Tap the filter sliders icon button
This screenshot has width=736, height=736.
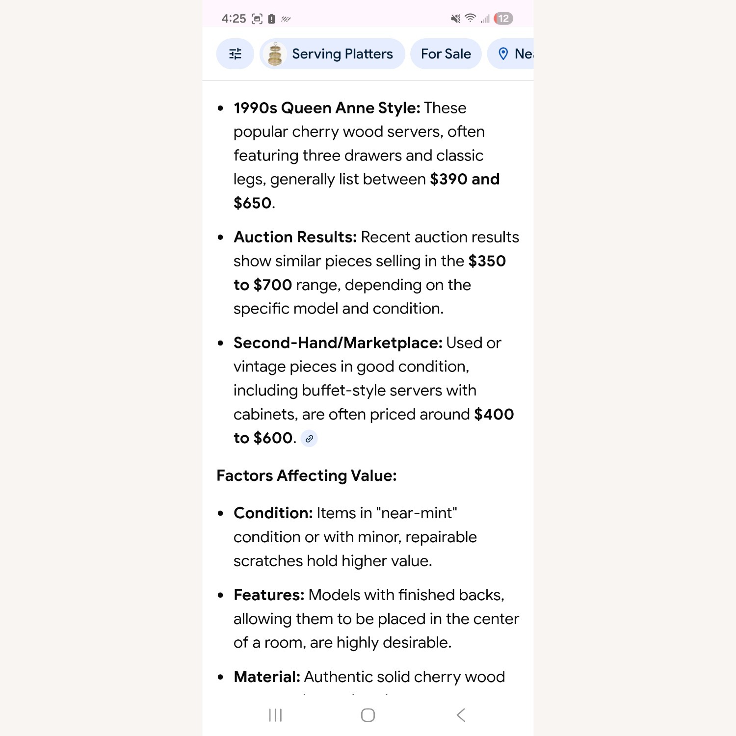click(235, 54)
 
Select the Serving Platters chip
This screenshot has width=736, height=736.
click(332, 54)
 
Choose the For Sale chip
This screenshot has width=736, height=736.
click(446, 54)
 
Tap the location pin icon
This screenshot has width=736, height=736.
click(503, 54)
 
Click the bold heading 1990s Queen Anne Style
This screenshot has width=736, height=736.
click(327, 108)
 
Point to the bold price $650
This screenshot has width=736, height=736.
click(253, 203)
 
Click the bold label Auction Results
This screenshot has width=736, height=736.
click(295, 237)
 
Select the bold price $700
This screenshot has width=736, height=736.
click(273, 285)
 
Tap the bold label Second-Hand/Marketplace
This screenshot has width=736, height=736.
click(338, 343)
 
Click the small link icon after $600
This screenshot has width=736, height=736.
click(309, 439)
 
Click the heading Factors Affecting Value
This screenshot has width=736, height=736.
click(307, 475)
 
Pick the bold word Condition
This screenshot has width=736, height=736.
click(273, 513)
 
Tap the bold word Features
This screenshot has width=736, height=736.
click(269, 595)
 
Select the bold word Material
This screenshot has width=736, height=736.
click(267, 677)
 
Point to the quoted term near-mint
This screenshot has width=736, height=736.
click(417, 513)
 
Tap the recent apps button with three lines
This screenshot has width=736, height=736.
click(275, 715)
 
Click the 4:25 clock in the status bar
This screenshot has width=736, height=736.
click(234, 19)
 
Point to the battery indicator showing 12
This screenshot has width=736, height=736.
click(503, 19)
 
